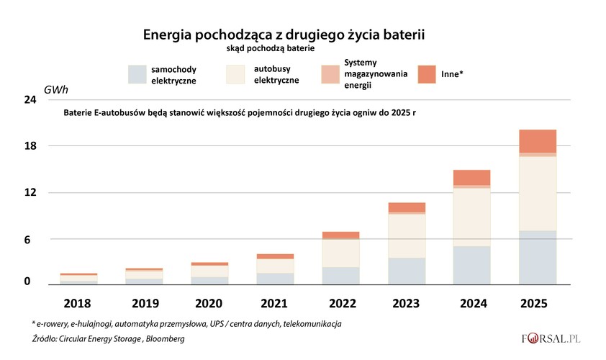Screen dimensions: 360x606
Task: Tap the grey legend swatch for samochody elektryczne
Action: click(137, 74)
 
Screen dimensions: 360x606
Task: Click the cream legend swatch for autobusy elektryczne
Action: click(236, 74)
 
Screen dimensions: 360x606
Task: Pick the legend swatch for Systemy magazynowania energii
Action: click(330, 74)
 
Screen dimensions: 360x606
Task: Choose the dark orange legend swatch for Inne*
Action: click(428, 74)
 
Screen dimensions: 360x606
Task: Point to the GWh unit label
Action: click(56, 90)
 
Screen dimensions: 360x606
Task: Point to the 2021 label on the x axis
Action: click(255, 303)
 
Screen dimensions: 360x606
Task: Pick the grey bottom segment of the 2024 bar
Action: click(471, 265)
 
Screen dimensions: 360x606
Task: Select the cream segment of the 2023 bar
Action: click(407, 236)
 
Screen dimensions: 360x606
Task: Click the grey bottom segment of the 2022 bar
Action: click(340, 276)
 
